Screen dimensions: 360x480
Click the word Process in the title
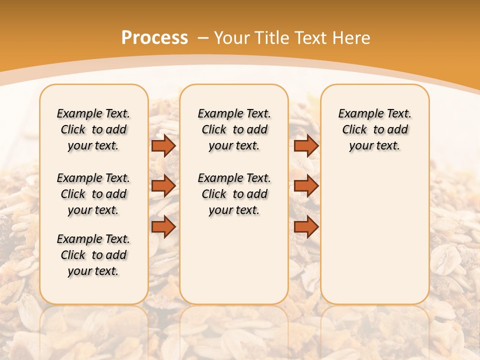(154, 38)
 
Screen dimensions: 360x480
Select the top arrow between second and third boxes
(306, 145)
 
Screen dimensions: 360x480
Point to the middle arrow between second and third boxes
(306, 186)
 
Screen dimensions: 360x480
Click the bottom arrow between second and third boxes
(306, 226)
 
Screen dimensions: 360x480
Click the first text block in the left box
(93, 129)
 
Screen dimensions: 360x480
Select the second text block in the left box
(93, 194)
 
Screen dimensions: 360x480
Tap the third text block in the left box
(93, 255)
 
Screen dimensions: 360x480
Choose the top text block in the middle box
(234, 129)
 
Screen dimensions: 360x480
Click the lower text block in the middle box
(234, 194)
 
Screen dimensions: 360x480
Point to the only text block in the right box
(374, 129)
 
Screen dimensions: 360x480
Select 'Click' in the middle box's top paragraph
(214, 130)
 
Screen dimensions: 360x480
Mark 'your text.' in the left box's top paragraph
(93, 146)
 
